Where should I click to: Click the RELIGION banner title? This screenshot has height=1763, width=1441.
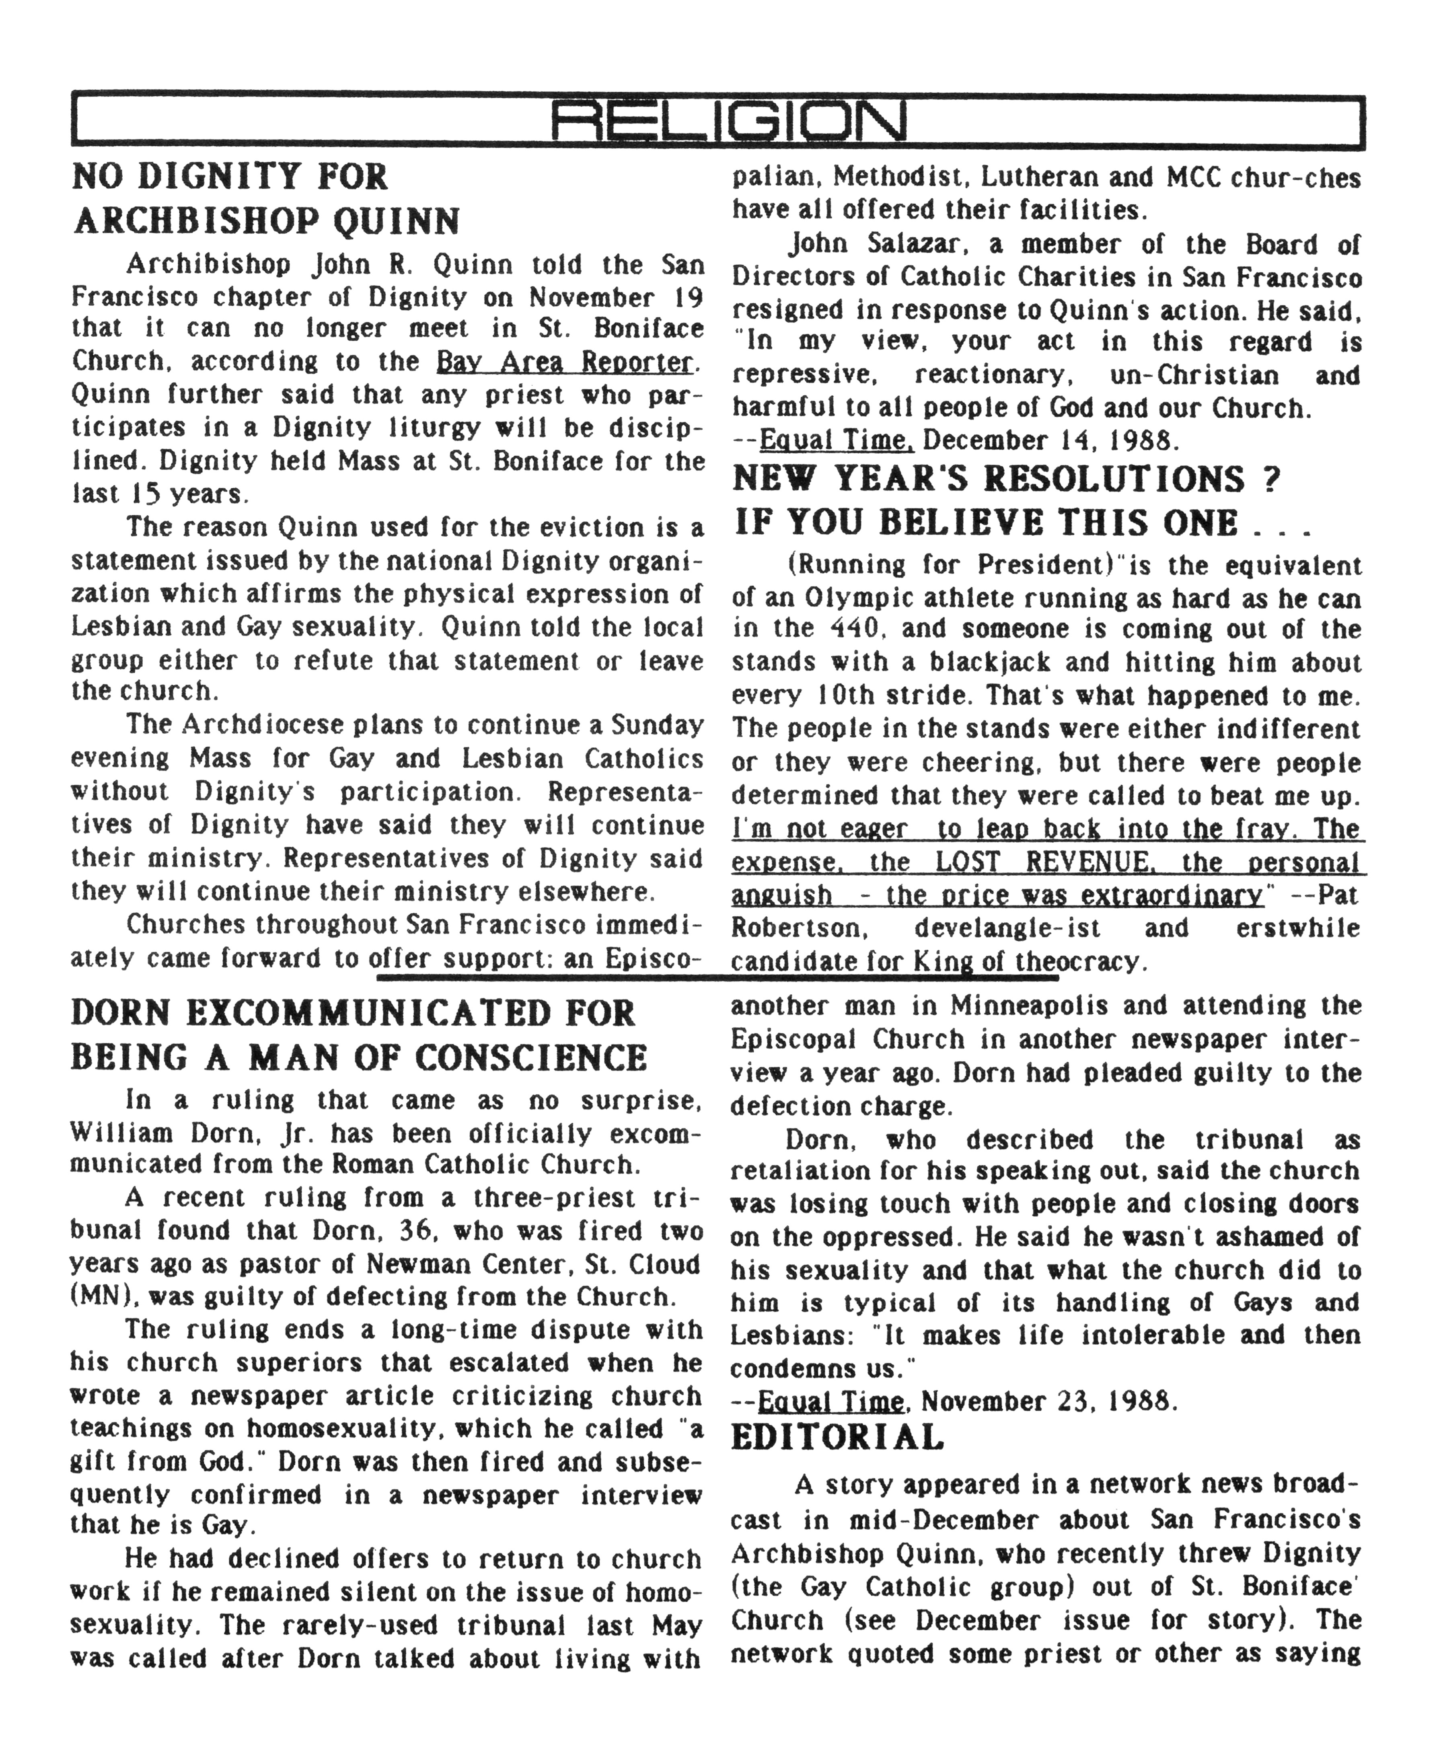[728, 123]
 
